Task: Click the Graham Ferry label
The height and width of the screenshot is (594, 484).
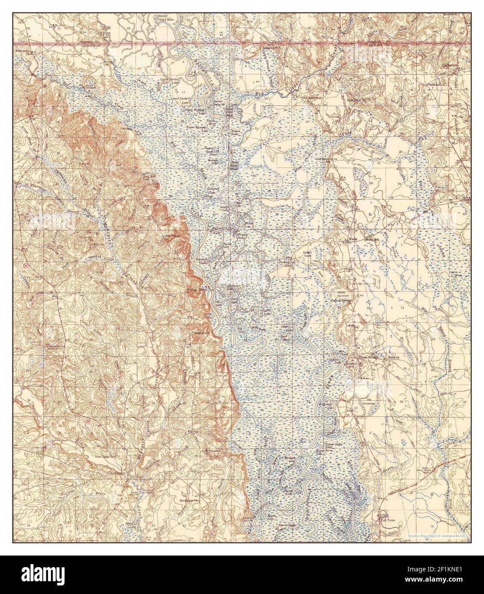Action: (x=197, y=289)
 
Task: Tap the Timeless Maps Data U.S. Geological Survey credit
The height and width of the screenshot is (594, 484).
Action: (x=436, y=535)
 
